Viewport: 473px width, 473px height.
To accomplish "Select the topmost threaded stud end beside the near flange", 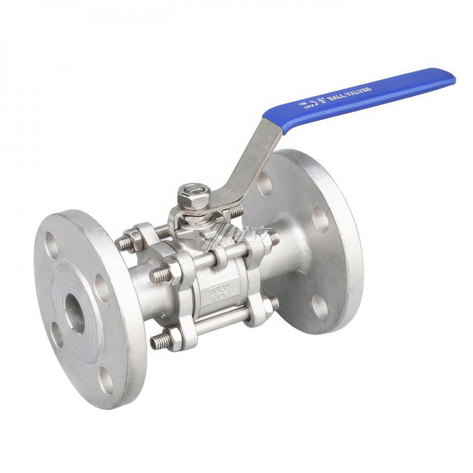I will pos(124,242).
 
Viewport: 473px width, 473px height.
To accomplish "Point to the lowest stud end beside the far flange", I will pos(272,305).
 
